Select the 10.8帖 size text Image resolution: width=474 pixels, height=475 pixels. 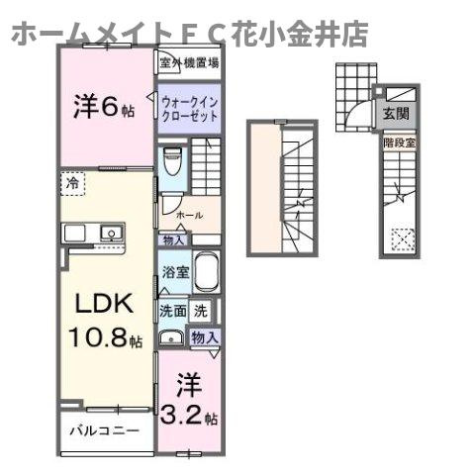pos(105,339)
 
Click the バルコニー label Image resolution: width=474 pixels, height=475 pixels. pos(103,431)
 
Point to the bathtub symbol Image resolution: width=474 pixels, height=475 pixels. pos(206,271)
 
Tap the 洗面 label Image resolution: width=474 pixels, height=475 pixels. pos(172,310)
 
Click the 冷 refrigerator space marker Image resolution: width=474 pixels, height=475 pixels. pos(72,182)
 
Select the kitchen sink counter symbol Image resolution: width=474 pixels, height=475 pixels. pos(93,234)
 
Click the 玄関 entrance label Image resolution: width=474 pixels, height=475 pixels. pos(394,110)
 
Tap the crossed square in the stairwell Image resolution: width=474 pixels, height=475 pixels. pos(402,238)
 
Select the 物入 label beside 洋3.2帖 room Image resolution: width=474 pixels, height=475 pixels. pos(206,338)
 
